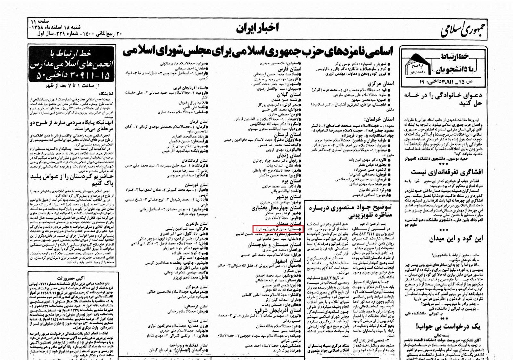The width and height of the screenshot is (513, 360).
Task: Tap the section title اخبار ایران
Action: pos(257,29)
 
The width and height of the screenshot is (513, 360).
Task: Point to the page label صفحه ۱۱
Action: pos(41,21)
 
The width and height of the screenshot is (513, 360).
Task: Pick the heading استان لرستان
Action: pos(290,134)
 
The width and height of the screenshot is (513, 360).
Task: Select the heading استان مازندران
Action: pos(197,223)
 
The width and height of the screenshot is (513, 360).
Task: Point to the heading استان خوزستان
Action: pos(197,185)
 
